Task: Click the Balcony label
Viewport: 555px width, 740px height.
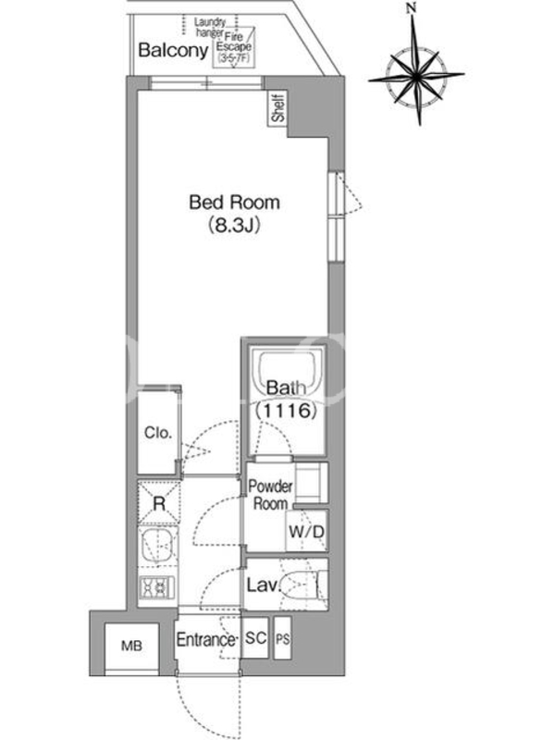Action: [173, 50]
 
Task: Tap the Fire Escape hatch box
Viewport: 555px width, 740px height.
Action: [234, 47]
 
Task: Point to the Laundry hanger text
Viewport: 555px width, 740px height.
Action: [210, 28]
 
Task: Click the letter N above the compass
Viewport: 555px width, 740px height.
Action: [413, 7]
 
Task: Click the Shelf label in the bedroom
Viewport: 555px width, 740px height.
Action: [278, 107]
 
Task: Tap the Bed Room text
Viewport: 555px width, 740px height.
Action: [235, 203]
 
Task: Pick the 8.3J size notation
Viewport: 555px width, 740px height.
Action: [235, 226]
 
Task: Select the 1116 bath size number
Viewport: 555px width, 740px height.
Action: [286, 411]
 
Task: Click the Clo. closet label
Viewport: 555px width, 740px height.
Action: [158, 432]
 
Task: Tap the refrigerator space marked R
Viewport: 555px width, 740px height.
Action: [159, 502]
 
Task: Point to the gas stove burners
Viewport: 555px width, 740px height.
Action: [157, 587]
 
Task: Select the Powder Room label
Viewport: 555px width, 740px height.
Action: [270, 495]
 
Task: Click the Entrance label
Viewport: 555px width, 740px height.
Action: [205, 639]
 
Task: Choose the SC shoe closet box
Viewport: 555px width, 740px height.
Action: [255, 638]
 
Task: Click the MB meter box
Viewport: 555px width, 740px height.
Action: [131, 646]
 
